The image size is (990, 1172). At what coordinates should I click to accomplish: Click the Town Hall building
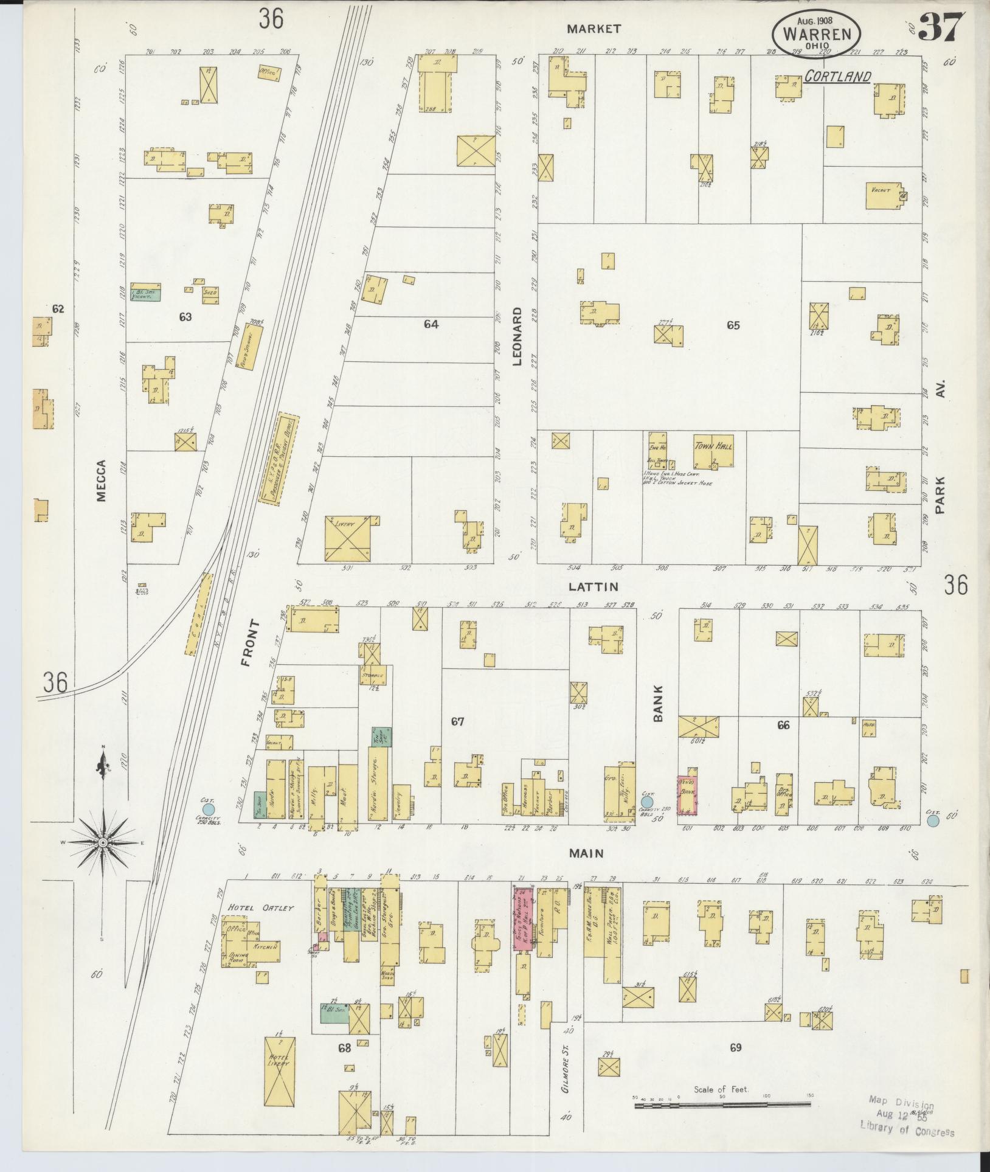coord(713,451)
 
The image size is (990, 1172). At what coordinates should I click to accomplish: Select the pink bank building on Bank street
coord(688,795)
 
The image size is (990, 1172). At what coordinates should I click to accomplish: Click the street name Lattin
coord(593,587)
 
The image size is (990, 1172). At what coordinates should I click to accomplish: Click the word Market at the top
coord(594,29)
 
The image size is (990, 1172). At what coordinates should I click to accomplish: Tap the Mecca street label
coord(100,480)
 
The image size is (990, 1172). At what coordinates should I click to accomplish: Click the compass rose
coord(103,842)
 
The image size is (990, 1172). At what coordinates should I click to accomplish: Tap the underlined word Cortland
coord(837,77)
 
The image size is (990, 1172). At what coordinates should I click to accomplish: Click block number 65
coord(733,325)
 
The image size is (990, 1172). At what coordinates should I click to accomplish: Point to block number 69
coord(736,1047)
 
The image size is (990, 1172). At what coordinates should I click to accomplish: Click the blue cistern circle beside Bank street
coord(646,803)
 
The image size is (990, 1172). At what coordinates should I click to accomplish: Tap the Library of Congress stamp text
coord(907,1132)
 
